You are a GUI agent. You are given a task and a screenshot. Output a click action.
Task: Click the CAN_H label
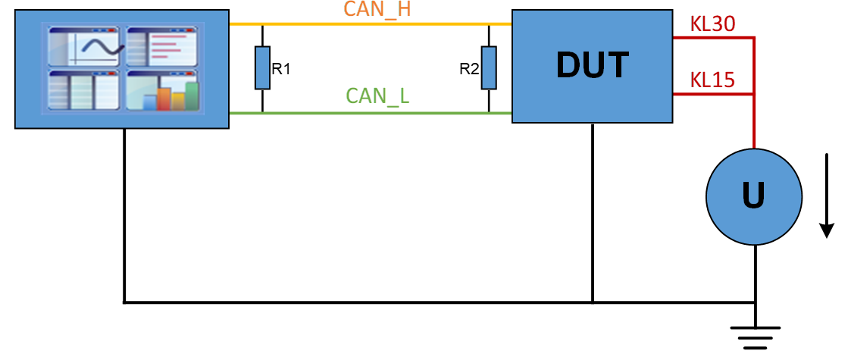377,11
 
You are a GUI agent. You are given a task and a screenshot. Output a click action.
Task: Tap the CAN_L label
377,96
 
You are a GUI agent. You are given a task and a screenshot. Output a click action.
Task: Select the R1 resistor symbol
263,68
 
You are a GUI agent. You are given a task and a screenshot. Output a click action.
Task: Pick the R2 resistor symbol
489,68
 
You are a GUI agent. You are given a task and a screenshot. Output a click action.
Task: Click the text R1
281,70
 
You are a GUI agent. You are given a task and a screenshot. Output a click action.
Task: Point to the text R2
469,70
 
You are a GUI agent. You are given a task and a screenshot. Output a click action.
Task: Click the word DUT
593,66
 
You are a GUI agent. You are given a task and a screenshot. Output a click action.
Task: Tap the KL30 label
712,24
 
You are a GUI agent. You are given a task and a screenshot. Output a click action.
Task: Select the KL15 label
712,81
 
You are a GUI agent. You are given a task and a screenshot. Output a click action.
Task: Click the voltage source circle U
754,196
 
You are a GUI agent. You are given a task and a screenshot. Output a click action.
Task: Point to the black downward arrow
827,196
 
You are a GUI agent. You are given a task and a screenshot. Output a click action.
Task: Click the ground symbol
755,337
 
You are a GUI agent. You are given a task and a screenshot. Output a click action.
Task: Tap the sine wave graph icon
83,47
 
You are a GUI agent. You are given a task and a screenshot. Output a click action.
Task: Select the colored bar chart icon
162,89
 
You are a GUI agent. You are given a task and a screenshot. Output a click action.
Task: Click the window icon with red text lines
162,47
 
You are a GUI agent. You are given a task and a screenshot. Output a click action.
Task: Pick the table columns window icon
83,89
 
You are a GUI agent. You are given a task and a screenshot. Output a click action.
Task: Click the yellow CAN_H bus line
371,24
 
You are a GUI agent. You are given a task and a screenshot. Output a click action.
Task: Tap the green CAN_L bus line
371,113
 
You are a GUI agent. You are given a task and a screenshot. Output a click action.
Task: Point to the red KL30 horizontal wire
713,37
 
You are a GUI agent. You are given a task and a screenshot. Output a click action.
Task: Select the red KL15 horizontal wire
713,94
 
